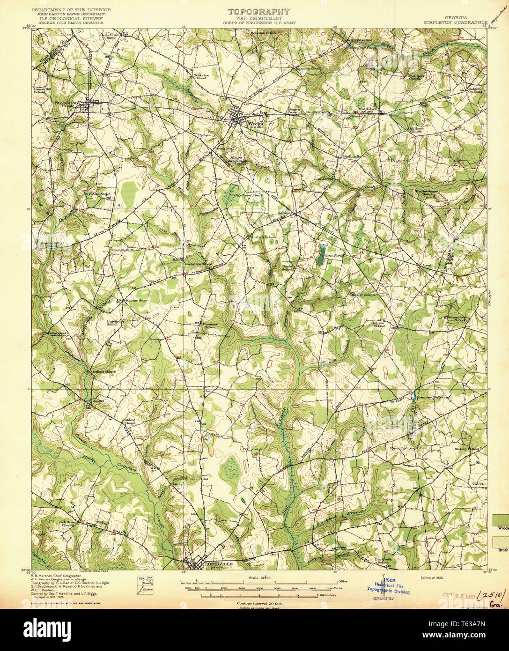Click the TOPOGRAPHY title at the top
click(x=258, y=12)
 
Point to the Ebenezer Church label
click(x=209, y=326)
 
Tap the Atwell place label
click(x=427, y=266)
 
